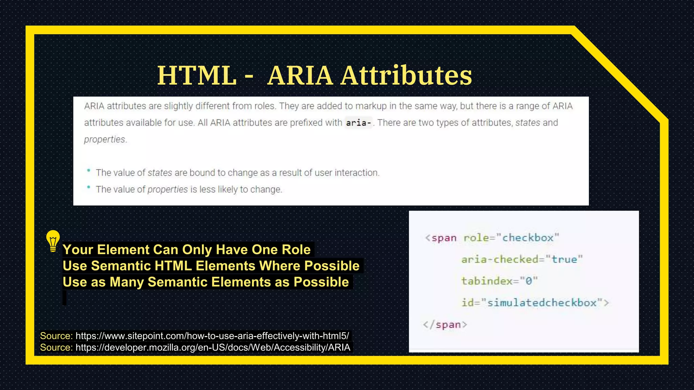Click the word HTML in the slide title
[x=197, y=75]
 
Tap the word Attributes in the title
[x=406, y=75]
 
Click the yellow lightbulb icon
[x=53, y=241]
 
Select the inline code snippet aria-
[x=358, y=123]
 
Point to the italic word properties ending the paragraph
[x=105, y=139]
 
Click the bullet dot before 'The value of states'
[x=88, y=171]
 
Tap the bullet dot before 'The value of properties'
[x=88, y=187]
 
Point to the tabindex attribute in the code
[x=487, y=281]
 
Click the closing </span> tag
[x=445, y=325]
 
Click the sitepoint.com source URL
[x=212, y=336]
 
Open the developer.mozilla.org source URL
[x=213, y=347]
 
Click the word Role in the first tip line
[x=296, y=250]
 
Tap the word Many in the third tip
[x=127, y=282]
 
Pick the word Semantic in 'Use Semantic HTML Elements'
[x=121, y=266]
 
